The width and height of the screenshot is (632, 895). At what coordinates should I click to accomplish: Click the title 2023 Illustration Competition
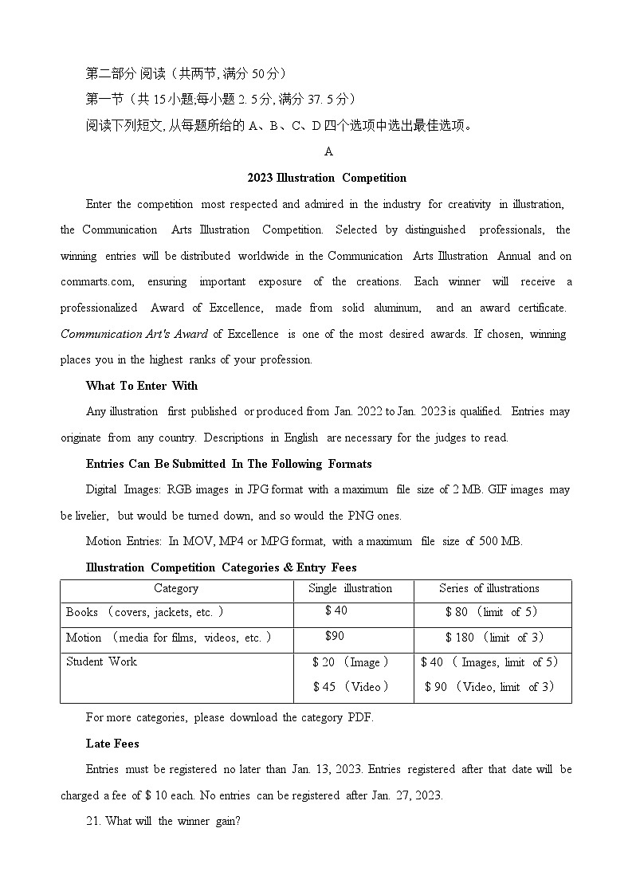[x=327, y=178]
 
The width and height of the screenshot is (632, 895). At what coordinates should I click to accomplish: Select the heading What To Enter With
[x=142, y=386]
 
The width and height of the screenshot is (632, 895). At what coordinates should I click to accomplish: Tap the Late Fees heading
[x=112, y=744]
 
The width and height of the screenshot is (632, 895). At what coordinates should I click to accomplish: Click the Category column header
[x=176, y=589]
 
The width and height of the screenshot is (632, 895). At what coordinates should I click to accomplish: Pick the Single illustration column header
[x=350, y=589]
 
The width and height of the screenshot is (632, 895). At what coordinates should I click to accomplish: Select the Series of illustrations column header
[x=489, y=589]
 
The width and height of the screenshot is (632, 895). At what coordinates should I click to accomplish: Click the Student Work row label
[x=101, y=661]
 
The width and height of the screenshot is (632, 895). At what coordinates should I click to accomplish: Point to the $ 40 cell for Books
[x=336, y=610]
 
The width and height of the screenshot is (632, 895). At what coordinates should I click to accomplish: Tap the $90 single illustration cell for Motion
[x=335, y=636]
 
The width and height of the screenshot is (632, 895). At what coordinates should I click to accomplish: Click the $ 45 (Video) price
[x=351, y=687]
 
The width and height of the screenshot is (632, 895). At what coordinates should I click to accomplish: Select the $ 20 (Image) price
[x=351, y=662]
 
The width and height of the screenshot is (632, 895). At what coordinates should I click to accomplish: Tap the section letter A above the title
[x=328, y=151]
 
